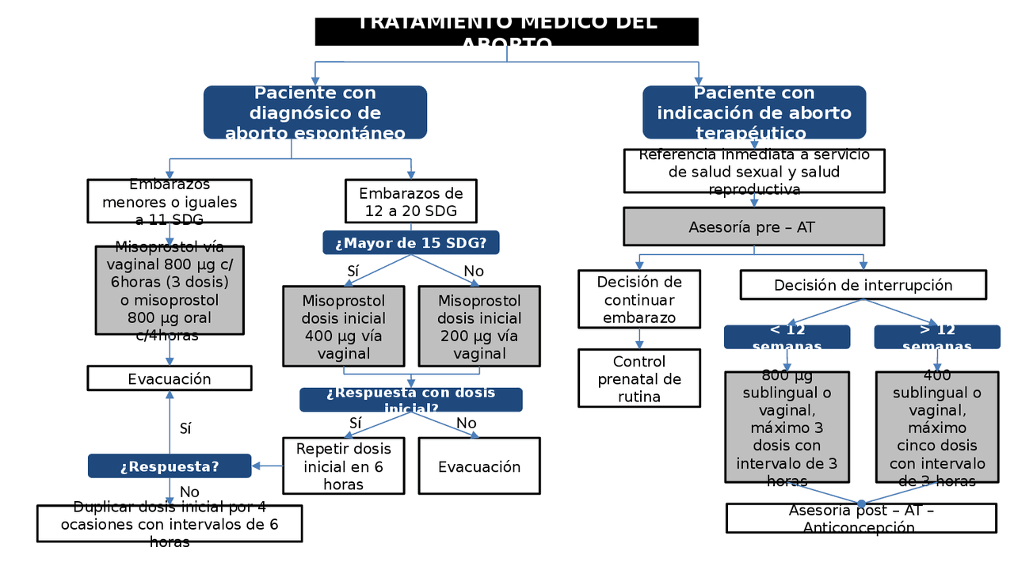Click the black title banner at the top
pos(507,32)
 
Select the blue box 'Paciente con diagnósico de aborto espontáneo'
pos(315,112)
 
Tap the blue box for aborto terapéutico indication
pos(754,112)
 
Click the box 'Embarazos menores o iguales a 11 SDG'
pos(170,201)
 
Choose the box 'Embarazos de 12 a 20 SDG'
pos(411,202)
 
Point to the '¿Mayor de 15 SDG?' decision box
pos(411,242)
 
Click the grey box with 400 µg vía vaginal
pos(344,326)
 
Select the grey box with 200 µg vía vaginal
pos(479,326)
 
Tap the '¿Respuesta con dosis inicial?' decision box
pos(411,400)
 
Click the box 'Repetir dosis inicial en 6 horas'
pos(344,466)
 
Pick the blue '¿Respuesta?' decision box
pos(170,466)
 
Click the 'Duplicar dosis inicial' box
pos(170,523)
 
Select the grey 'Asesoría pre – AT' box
pos(754,226)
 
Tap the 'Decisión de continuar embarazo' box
pos(639,299)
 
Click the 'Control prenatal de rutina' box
pos(639,378)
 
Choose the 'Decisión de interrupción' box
pos(863,285)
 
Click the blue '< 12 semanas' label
pos(787,337)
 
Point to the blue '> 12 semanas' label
pos(937,337)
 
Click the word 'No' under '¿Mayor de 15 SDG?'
pos(474,272)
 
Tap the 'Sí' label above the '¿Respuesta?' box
pos(185,428)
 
